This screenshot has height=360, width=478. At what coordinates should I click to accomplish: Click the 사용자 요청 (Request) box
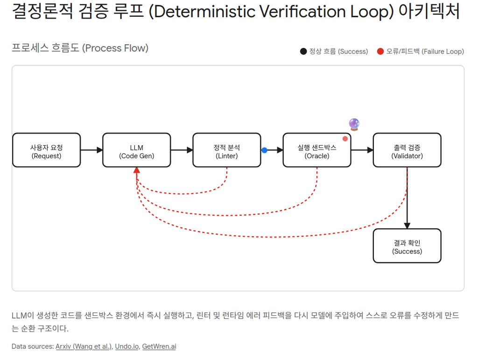(x=46, y=150)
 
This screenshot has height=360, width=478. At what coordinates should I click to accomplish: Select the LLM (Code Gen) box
(x=136, y=150)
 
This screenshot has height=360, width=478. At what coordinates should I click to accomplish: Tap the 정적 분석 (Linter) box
(x=226, y=150)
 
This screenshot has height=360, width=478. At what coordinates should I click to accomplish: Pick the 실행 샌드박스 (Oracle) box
(x=316, y=150)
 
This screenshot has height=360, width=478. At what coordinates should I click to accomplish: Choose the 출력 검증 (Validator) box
(x=407, y=150)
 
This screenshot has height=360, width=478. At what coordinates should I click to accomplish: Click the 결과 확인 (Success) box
(x=407, y=246)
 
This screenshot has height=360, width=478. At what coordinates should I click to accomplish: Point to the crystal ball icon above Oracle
(x=354, y=124)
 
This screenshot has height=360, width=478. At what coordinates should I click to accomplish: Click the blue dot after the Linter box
(x=265, y=150)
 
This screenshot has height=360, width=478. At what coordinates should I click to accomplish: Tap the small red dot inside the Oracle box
(x=345, y=139)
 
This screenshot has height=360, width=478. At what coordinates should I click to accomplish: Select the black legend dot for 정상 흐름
(x=303, y=51)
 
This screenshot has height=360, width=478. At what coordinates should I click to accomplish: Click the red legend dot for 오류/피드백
(x=380, y=51)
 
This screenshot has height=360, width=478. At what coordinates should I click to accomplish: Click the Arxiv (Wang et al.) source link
(x=84, y=346)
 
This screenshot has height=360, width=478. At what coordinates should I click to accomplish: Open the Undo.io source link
(x=127, y=346)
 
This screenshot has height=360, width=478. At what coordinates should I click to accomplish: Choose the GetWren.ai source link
(x=159, y=346)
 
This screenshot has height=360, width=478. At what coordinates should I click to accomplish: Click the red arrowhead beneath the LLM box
(x=136, y=170)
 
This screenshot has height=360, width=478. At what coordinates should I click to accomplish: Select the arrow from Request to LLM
(x=91, y=150)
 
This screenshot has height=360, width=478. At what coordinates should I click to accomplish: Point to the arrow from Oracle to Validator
(x=362, y=150)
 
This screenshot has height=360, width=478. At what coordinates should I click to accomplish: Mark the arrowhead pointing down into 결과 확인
(x=407, y=225)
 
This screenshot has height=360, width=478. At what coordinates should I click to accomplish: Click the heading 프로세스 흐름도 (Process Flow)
(x=80, y=48)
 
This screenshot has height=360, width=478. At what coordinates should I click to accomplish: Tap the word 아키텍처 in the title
(x=429, y=12)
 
